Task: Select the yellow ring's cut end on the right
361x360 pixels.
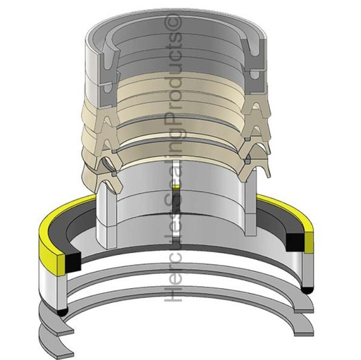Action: coord(309,242)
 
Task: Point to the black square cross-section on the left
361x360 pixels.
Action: coord(73,263)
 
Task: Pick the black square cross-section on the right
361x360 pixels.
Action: coord(295,242)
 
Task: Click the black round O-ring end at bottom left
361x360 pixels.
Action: coord(61,311)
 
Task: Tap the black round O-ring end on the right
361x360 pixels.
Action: coord(307,290)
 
